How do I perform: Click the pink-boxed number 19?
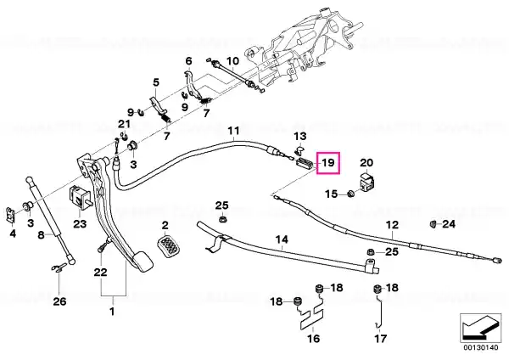(x=328, y=162)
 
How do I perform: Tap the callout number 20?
(x=366, y=162)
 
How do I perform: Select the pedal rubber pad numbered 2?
(x=169, y=248)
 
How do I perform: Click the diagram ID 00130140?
(x=480, y=347)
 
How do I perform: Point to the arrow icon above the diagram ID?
(x=481, y=328)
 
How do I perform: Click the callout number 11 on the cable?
(x=233, y=131)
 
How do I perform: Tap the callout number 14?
(x=282, y=239)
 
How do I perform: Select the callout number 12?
(x=392, y=224)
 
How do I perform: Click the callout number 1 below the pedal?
(x=112, y=312)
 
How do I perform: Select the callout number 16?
(x=313, y=339)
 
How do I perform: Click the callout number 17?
(x=380, y=339)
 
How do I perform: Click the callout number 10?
(x=232, y=61)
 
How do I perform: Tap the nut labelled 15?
(x=350, y=194)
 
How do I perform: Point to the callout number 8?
(x=41, y=234)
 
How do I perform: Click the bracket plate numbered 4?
(x=11, y=215)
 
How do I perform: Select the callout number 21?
(x=124, y=124)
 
